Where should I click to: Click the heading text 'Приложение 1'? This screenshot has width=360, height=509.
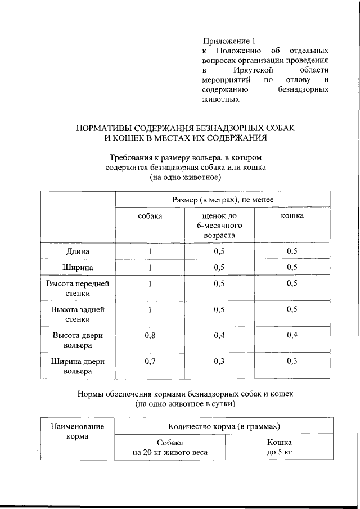[229, 41]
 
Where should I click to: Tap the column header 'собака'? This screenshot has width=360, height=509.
[150, 217]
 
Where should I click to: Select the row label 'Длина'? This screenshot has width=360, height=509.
[78, 251]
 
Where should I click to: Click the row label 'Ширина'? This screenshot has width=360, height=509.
[78, 267]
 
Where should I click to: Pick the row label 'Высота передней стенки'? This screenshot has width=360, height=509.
[78, 288]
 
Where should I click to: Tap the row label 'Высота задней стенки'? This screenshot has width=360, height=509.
[78, 314]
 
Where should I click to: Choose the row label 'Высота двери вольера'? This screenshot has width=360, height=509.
[78, 340]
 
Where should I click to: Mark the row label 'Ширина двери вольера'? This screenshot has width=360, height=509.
[78, 366]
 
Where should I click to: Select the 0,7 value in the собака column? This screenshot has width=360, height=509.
[150, 362]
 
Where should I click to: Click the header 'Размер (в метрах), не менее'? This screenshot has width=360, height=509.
[223, 200]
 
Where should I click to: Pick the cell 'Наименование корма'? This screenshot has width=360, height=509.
[78, 431]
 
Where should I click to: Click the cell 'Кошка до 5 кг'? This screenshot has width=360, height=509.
[280, 448]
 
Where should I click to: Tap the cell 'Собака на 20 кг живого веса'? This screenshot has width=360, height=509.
[170, 448]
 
